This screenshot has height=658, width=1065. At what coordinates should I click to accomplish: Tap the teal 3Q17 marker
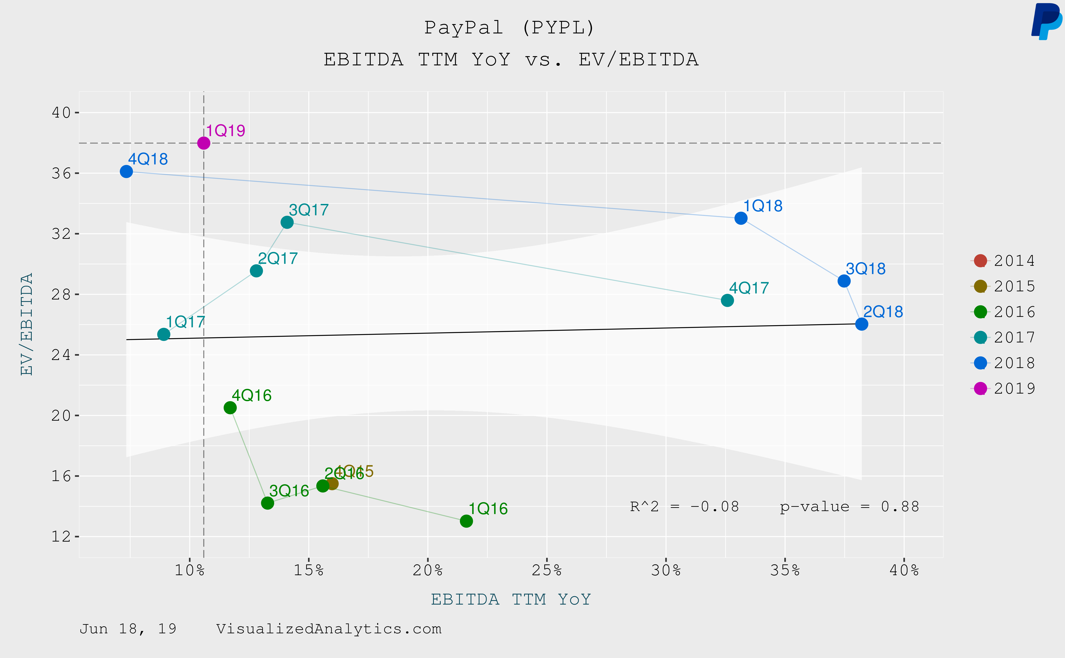tap(287, 222)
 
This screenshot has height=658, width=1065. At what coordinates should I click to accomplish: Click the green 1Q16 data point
tap(466, 521)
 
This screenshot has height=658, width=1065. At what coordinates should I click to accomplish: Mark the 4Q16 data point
tap(230, 408)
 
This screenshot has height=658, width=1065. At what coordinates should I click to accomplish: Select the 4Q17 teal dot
tap(727, 300)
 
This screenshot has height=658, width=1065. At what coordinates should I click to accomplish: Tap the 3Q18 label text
tap(865, 269)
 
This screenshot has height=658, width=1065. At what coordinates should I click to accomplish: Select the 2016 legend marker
tap(980, 312)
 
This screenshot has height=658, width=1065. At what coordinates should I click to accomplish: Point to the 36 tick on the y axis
tap(61, 173)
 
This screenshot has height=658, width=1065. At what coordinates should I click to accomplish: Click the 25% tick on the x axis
tap(547, 570)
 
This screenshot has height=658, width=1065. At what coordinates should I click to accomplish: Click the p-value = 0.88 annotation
tap(849, 507)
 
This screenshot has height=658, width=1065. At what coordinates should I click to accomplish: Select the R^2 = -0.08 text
tap(684, 507)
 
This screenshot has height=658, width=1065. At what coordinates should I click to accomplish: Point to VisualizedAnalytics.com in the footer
tap(329, 629)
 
